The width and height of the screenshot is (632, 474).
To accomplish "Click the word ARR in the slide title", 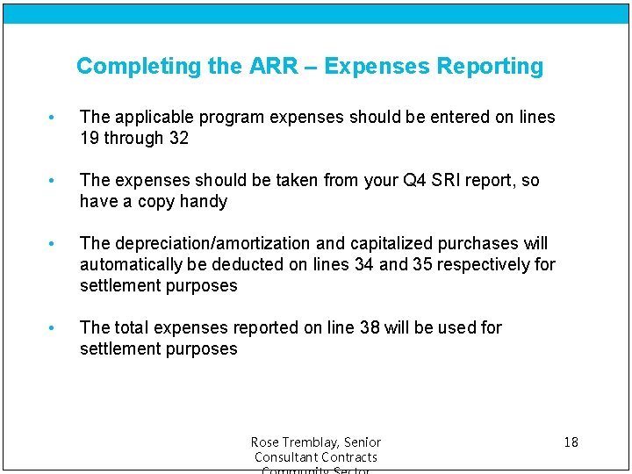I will (x=266, y=66).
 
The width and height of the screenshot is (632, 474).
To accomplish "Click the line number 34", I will (x=364, y=264).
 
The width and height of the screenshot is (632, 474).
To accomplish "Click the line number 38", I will (x=370, y=327).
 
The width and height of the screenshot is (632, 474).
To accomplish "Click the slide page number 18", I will (x=571, y=442).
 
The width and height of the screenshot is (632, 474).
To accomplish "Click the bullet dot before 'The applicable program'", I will (x=54, y=118).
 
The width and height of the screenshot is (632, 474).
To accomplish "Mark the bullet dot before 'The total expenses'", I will (x=54, y=328).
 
